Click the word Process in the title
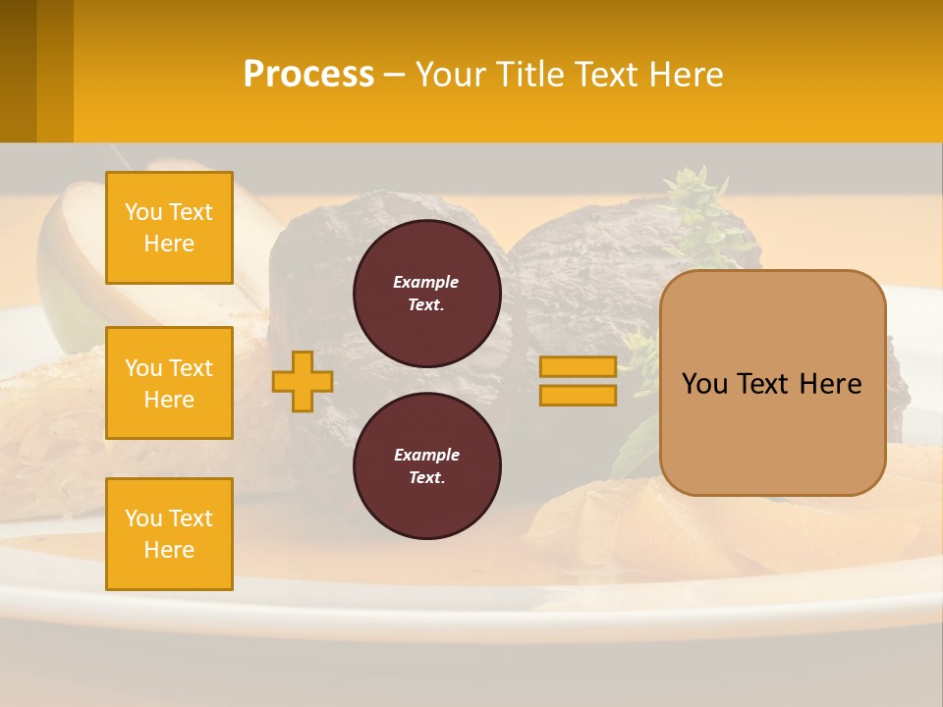[308, 75]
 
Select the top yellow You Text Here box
[169, 228]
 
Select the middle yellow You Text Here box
[169, 383]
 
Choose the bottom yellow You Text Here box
[169, 534]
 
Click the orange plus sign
[303, 381]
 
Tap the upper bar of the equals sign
[578, 366]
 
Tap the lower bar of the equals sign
[578, 396]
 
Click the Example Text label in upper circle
[426, 294]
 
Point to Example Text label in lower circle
[426, 466]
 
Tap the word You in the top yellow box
[143, 212]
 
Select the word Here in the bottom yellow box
[169, 550]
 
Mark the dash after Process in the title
[395, 75]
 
